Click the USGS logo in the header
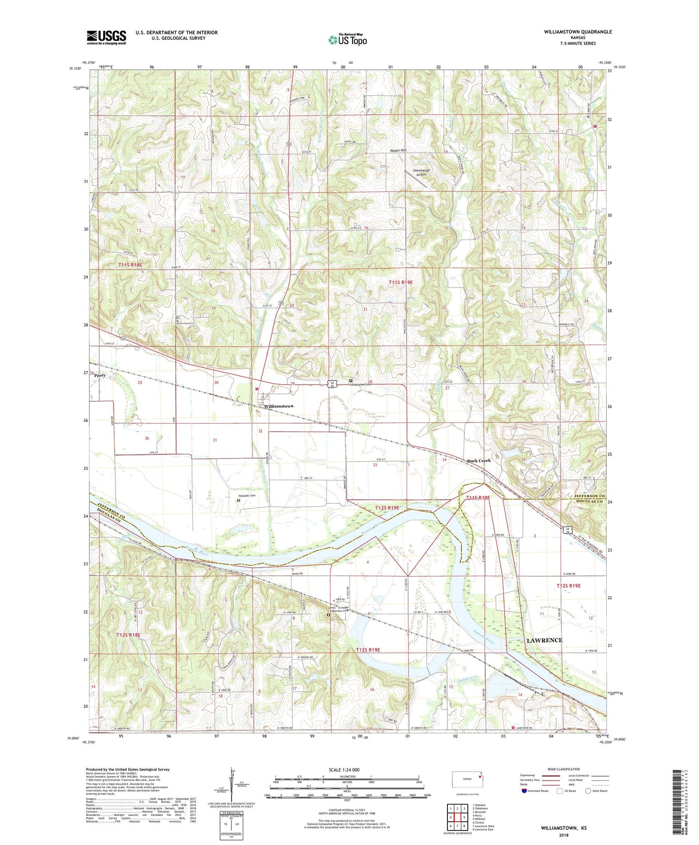click(106, 37)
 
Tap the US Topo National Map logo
click(347, 40)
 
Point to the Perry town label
click(100, 376)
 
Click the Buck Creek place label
click(478, 460)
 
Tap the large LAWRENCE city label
click(544, 640)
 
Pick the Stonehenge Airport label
click(420, 172)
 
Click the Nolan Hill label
click(398, 151)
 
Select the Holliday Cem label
click(247, 496)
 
